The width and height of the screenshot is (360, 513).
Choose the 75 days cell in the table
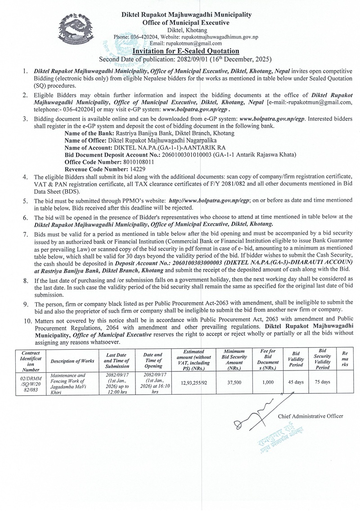323,382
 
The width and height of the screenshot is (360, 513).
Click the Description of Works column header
72,361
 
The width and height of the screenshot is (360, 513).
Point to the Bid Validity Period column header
296,360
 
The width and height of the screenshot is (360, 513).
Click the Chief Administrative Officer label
310,416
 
